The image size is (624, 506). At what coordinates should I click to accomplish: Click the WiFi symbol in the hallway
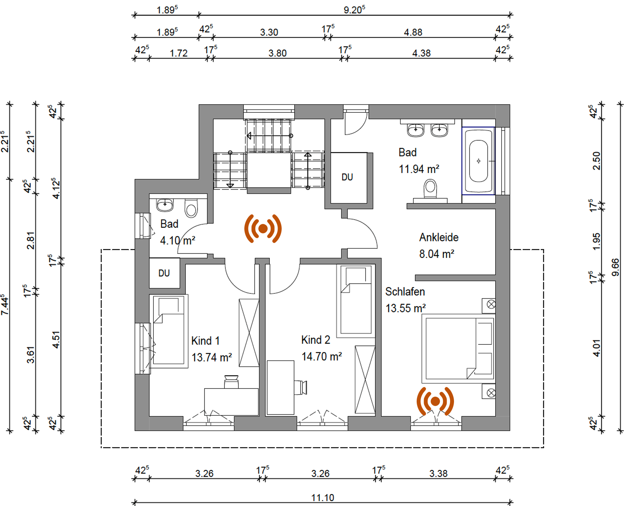(263, 229)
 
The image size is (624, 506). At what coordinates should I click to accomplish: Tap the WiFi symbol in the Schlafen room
(435, 401)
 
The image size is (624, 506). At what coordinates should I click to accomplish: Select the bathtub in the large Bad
(478, 161)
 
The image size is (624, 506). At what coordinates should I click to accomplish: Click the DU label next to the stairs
(347, 177)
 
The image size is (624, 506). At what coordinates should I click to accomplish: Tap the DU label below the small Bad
(164, 273)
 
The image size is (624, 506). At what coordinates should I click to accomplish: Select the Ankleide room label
(439, 237)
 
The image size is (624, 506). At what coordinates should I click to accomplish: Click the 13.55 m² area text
(405, 308)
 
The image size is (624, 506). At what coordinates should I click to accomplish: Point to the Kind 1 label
(205, 341)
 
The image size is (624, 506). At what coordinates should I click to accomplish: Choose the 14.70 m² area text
(322, 356)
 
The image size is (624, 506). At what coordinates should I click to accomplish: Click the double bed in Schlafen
(458, 349)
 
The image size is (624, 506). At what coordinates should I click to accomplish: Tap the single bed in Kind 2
(356, 301)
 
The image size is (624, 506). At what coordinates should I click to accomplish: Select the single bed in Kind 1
(169, 331)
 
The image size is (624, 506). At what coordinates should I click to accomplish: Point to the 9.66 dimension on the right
(615, 267)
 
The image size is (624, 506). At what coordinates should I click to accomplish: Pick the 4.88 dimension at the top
(413, 32)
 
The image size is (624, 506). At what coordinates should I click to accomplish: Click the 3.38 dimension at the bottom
(438, 473)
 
